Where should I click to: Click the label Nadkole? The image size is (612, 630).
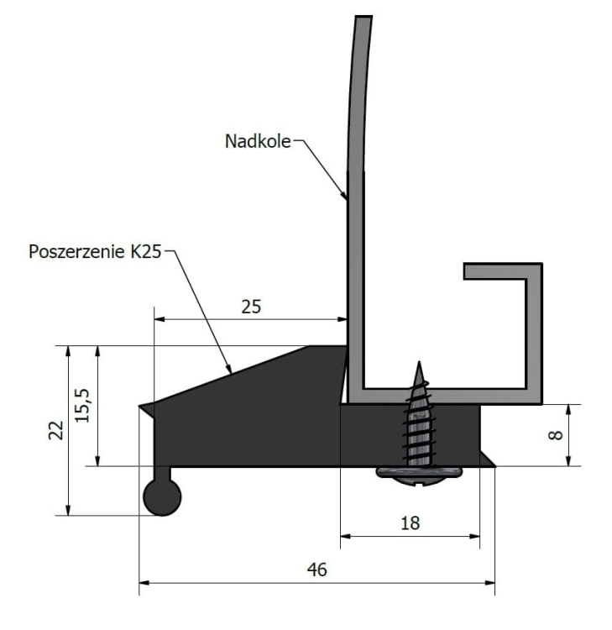pyautogui.click(x=258, y=141)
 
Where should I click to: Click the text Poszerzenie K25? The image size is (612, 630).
pyautogui.click(x=94, y=251)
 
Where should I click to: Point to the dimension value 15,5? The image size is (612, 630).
pyautogui.click(x=83, y=405)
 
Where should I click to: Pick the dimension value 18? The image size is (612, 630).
pyautogui.click(x=410, y=522)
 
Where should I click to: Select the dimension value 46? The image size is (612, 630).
pyautogui.click(x=316, y=570)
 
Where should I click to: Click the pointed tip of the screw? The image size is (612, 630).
pyautogui.click(x=418, y=366)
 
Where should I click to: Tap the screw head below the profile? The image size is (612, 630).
pyautogui.click(x=417, y=473)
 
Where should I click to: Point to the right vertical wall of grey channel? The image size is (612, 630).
pyautogui.click(x=534, y=336)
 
